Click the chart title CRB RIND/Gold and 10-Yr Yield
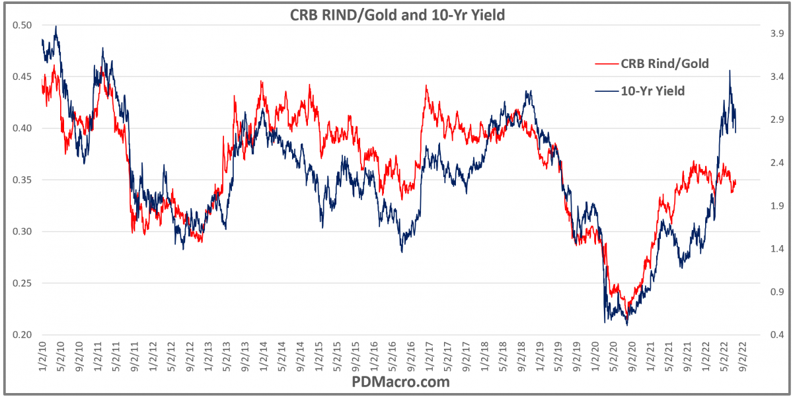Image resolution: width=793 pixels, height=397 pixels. tap(397, 15)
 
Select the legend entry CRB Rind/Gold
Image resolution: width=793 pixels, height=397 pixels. tap(664, 64)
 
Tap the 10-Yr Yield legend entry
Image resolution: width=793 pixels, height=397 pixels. tap(653, 91)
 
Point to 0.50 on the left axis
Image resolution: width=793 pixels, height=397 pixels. tap(22, 25)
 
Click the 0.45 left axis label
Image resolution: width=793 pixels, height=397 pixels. tap(22, 77)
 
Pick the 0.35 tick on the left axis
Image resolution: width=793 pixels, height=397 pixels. tap(22, 180)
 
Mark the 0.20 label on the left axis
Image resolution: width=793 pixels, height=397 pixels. tap(22, 335)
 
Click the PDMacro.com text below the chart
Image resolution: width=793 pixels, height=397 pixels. tap(397, 382)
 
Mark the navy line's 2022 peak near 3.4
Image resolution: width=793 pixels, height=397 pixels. tap(730, 71)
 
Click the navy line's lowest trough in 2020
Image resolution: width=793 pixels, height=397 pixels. tap(626, 325)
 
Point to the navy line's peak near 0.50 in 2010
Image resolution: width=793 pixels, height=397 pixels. tap(56, 26)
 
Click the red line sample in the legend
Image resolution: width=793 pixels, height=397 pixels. tap(607, 64)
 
